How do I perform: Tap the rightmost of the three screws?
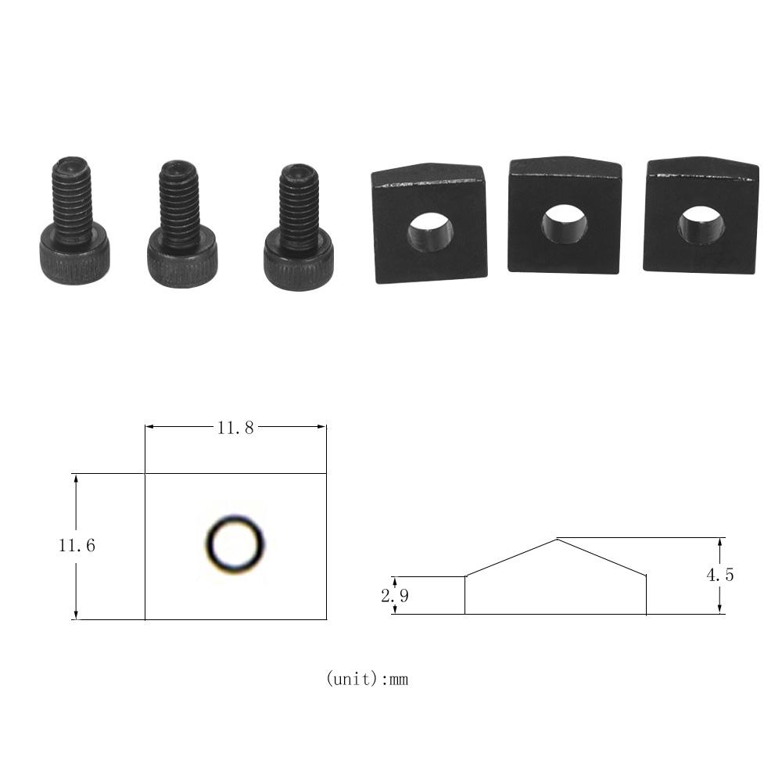(298, 226)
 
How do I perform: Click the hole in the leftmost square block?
(429, 231)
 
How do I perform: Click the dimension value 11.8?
(235, 428)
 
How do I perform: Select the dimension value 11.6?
(77, 546)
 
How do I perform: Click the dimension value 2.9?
(394, 596)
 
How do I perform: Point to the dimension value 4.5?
(720, 576)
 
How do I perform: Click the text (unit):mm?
(367, 679)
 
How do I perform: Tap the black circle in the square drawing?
(235, 544)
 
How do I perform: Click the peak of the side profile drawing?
(556, 539)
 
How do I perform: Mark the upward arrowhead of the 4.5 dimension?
(720, 543)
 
